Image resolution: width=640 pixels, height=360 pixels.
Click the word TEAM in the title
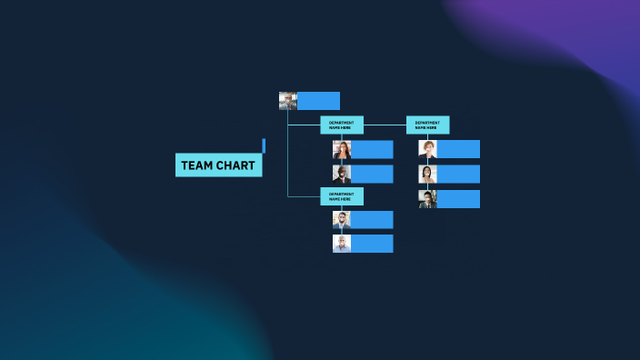point(195,165)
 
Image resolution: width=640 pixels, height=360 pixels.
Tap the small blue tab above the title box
point(264,145)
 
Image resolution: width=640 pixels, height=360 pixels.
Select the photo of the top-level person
point(288,101)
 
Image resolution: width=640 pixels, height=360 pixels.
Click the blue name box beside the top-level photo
point(318,101)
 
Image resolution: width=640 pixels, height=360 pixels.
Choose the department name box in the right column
point(427,125)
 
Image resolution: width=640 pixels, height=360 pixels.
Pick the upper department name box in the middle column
point(341,125)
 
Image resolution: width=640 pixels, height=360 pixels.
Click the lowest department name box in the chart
point(341,195)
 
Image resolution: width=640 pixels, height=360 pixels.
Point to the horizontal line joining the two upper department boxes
point(385,125)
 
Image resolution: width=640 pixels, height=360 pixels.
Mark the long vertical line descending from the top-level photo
point(288,155)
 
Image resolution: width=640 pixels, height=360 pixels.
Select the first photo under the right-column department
point(427,149)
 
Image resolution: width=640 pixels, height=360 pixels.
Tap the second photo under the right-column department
point(427,174)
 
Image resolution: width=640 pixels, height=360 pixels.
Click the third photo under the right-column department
point(427,198)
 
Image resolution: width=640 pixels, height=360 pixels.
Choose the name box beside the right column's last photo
point(458,198)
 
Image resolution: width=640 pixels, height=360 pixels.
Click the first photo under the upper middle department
point(342,149)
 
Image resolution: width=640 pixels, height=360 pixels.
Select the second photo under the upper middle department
point(342,174)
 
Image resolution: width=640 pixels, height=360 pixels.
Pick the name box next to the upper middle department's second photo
point(372,174)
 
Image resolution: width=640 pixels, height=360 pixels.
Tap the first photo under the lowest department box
point(342,220)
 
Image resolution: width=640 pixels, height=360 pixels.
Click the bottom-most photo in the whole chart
point(342,244)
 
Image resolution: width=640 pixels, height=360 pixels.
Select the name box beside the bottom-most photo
point(372,244)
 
